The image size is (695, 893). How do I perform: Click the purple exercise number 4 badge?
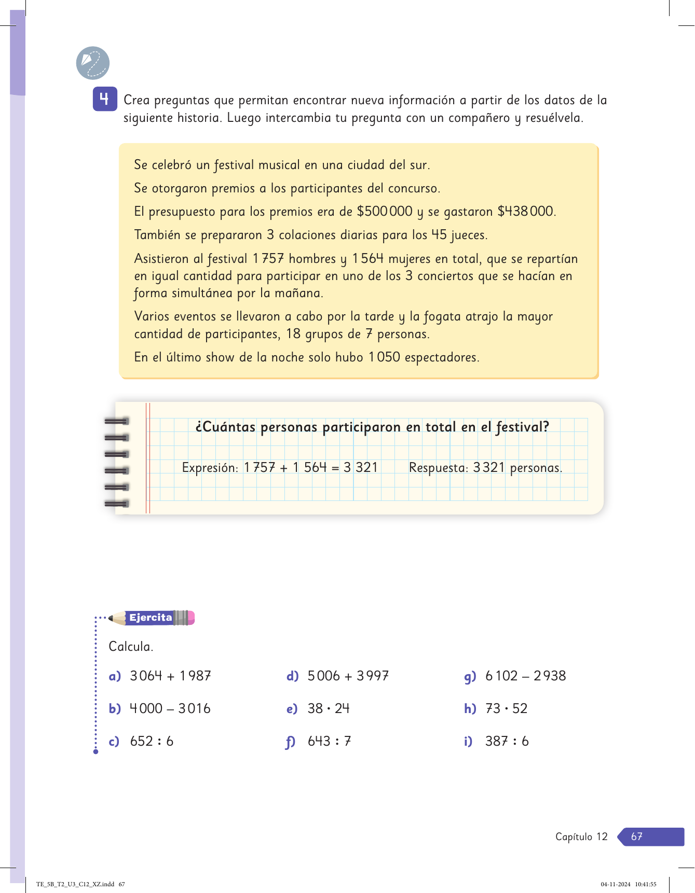tap(104, 99)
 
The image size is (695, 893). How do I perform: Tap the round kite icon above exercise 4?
tap(93, 63)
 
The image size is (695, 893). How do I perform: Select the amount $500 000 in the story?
tap(385, 212)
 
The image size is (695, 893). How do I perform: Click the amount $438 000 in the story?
tap(526, 212)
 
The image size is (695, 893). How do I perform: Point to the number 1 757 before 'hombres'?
tap(268, 259)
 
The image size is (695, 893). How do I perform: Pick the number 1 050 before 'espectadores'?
tap(384, 357)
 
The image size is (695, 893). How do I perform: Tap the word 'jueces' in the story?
tap(469, 235)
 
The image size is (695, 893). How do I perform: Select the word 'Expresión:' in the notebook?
tap(210, 468)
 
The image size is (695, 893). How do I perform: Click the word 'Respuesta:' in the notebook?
tap(439, 468)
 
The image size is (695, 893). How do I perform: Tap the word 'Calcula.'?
tap(131, 647)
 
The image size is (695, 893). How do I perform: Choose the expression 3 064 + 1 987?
tap(170, 676)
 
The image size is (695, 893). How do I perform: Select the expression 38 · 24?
tap(329, 709)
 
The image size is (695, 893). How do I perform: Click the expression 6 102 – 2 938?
tap(525, 676)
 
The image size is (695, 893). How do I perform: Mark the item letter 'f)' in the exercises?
tap(291, 742)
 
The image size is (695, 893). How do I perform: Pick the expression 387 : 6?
tap(507, 742)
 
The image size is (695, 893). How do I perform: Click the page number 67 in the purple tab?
tap(637, 836)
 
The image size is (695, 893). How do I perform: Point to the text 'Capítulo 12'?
tap(581, 836)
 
